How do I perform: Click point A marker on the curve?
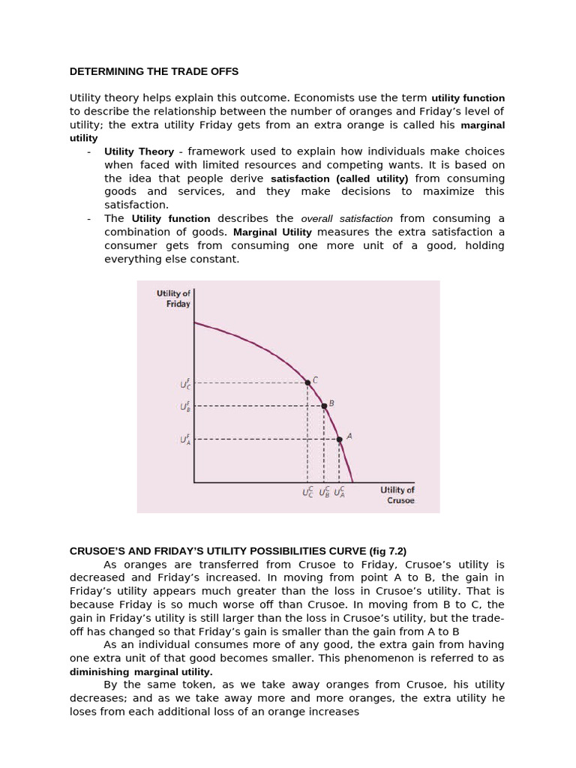(x=339, y=439)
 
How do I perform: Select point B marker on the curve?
(x=324, y=406)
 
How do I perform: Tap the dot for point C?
(x=307, y=382)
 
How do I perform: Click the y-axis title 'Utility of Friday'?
(x=173, y=298)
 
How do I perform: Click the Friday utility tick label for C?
(x=185, y=383)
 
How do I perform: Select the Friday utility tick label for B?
(x=185, y=406)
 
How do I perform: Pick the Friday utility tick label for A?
(x=185, y=439)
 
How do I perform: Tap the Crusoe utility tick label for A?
(x=340, y=493)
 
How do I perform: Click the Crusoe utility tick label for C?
(x=308, y=493)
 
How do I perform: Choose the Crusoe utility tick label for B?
(x=324, y=493)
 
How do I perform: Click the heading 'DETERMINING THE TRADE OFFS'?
(x=154, y=72)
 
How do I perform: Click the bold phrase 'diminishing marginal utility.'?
(x=141, y=671)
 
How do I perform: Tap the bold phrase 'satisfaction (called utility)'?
(x=339, y=179)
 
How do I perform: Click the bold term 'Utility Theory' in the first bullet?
(x=139, y=151)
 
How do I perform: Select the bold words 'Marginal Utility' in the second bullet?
(x=273, y=232)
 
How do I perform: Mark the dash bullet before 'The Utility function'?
(x=89, y=219)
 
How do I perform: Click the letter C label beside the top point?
(x=316, y=379)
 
